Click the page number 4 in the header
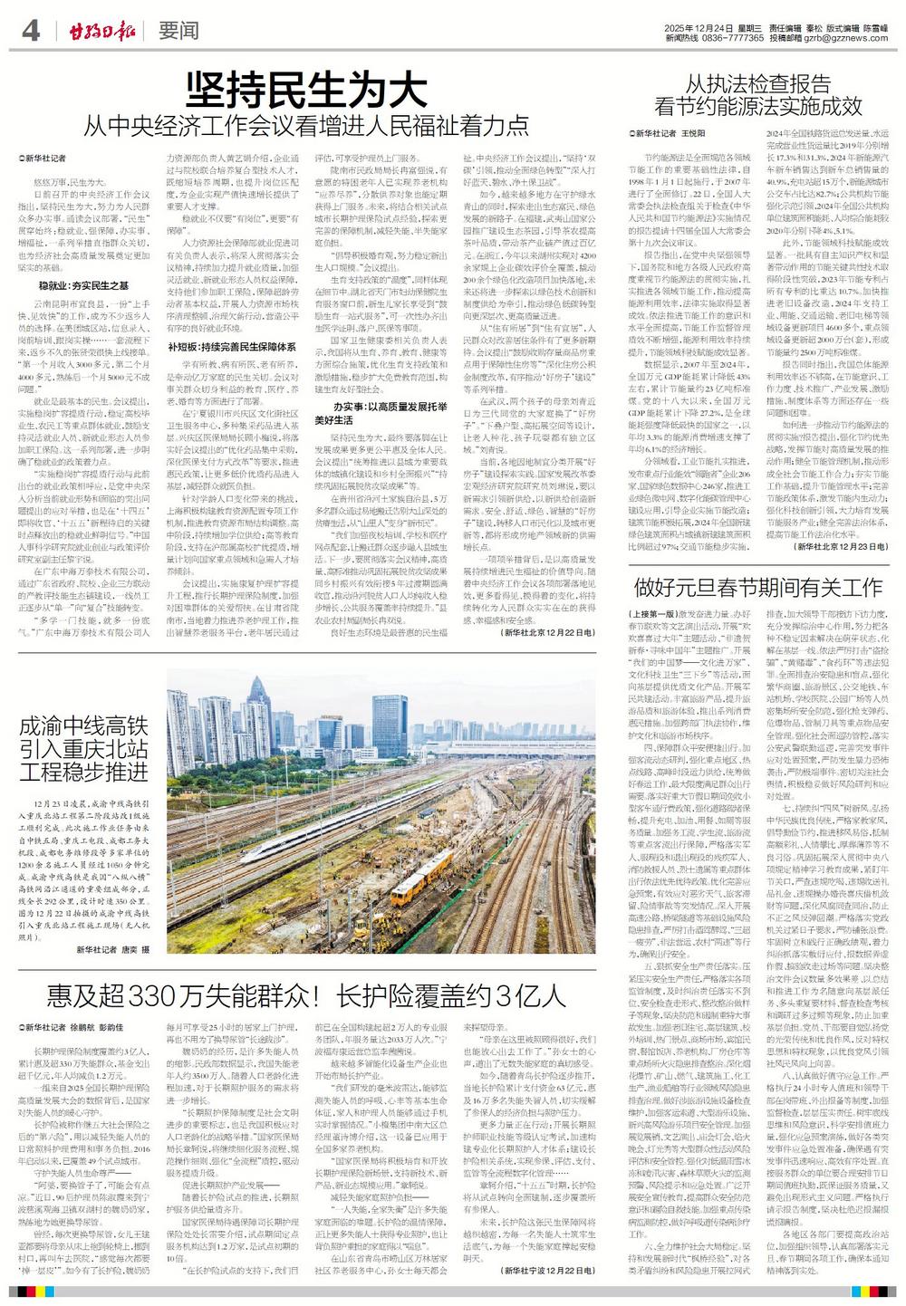(x=31, y=31)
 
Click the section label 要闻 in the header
(x=178, y=31)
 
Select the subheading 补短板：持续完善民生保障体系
(x=233, y=346)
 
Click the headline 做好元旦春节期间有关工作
(x=758, y=586)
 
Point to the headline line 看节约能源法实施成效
(x=758, y=106)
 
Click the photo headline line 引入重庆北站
(x=83, y=749)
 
